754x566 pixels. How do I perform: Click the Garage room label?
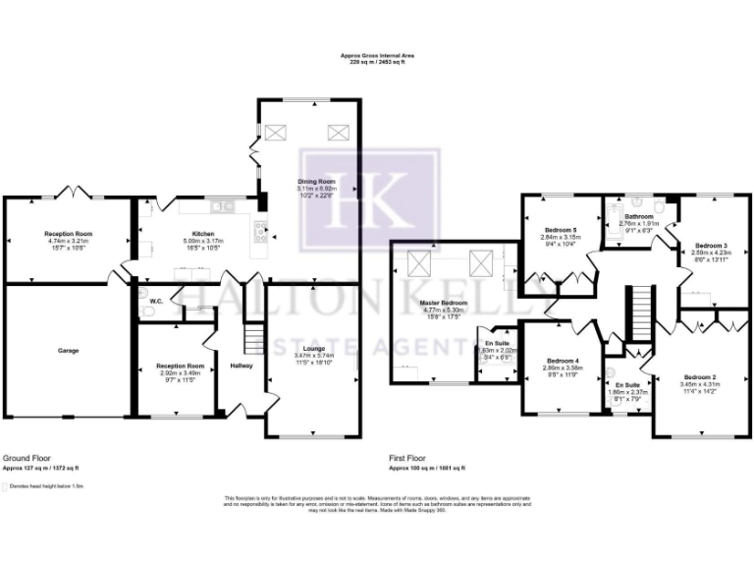68,350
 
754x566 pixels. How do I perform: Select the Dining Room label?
316,183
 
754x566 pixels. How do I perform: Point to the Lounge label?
314,348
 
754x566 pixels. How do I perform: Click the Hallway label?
242,366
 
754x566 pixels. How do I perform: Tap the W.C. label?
156,301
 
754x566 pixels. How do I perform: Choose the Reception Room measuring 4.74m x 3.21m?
67,232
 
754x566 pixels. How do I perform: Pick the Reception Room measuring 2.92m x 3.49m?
178,366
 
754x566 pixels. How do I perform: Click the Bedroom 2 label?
699,377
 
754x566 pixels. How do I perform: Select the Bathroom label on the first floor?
638,215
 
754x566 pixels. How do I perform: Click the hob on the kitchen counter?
260,234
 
